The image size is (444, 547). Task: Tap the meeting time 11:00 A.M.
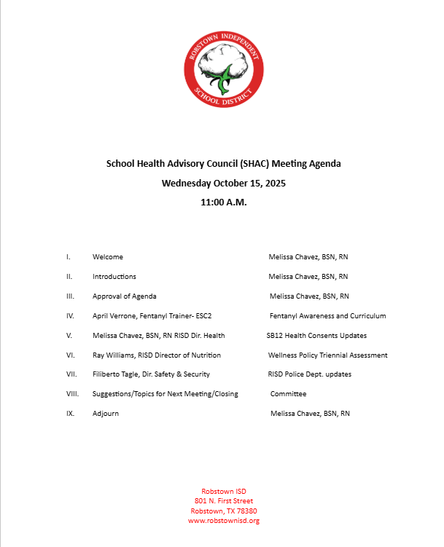pyautogui.click(x=224, y=202)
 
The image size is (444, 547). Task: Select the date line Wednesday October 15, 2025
pyautogui.click(x=224, y=183)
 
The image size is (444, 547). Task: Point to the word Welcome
pyautogui.click(x=108, y=257)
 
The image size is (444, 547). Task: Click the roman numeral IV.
pyautogui.click(x=70, y=316)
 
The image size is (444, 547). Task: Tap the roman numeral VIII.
pyautogui.click(x=71, y=394)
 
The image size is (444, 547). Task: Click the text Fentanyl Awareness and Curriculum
pyautogui.click(x=327, y=316)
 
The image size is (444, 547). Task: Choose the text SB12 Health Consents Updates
pyautogui.click(x=316, y=336)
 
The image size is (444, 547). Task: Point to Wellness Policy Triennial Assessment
pyautogui.click(x=327, y=355)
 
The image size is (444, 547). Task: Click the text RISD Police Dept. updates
pyautogui.click(x=310, y=374)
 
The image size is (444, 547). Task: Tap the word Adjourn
pyautogui.click(x=106, y=414)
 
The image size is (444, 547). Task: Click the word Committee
pyautogui.click(x=288, y=394)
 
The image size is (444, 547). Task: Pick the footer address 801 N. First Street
pyautogui.click(x=224, y=501)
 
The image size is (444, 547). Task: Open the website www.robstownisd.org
pyautogui.click(x=224, y=521)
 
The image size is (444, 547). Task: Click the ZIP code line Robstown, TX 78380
pyautogui.click(x=224, y=511)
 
